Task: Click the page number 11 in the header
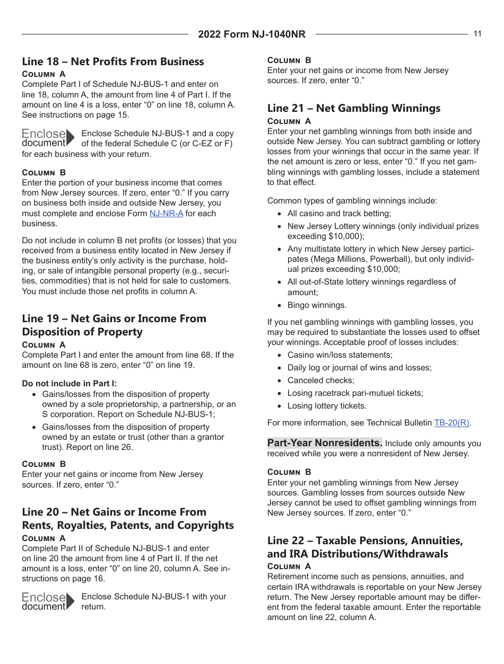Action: tap(477, 34)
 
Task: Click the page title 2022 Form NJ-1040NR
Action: tap(251, 34)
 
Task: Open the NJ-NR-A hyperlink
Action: tap(166, 214)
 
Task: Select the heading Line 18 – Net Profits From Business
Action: tap(112, 61)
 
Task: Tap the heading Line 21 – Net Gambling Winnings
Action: tap(353, 108)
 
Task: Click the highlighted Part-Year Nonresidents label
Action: tap(324, 443)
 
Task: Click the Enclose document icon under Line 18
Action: tap(48, 138)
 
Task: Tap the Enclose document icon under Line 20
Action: tap(48, 601)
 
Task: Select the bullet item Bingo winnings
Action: tap(317, 305)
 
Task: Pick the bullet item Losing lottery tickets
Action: tap(327, 406)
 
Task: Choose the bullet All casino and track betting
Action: tap(339, 214)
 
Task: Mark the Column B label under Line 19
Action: tap(44, 464)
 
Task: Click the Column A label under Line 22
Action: tap(289, 566)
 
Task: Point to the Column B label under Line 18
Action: tap(44, 173)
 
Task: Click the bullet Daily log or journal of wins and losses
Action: tap(359, 368)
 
